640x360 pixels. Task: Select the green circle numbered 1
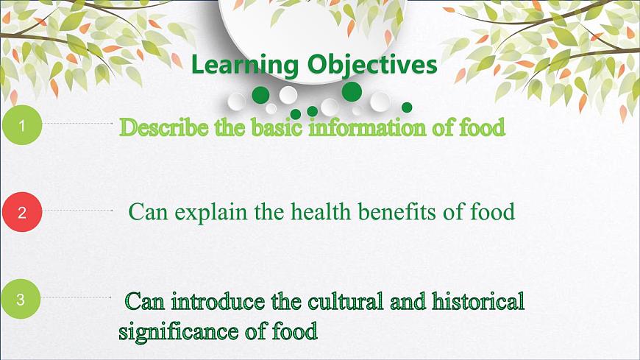point(21,126)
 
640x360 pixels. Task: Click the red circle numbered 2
point(21,213)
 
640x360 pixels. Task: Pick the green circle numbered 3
point(21,300)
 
